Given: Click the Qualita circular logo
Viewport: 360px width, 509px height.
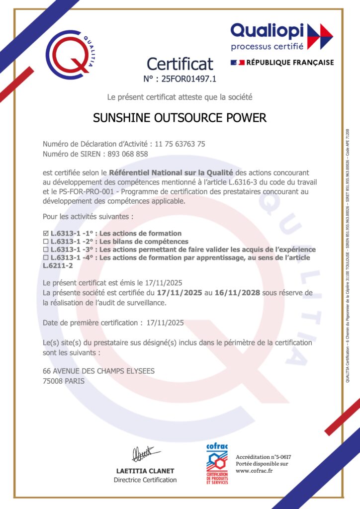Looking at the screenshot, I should [70, 54].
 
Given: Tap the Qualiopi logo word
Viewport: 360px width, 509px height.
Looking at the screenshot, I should [267, 31].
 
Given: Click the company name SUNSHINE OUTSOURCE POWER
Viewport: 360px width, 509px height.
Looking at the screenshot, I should [180, 118].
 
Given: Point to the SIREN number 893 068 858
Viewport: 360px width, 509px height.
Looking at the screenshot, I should [128, 154].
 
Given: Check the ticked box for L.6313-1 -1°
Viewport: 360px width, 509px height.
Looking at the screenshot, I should [46, 233].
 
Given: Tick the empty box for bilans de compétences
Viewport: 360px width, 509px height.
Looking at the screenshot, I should [46, 242].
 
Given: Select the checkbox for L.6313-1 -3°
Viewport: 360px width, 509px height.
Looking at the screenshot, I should [46, 250].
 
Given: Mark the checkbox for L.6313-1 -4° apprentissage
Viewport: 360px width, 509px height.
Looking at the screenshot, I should [46, 257].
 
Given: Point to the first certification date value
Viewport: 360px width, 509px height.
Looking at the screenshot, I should [165, 323].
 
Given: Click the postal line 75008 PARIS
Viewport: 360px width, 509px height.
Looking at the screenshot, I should [64, 381].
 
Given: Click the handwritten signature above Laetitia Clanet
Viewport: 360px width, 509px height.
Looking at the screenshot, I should [145, 454].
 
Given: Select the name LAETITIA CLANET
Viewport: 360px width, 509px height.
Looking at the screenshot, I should [145, 470].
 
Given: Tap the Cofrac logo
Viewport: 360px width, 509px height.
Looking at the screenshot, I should [217, 464].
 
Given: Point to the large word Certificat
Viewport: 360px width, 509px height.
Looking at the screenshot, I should [180, 64].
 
